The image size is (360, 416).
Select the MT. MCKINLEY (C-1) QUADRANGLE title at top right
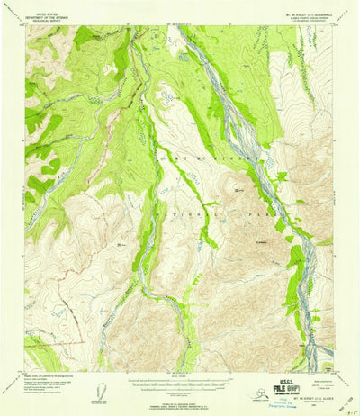[x=307, y=13]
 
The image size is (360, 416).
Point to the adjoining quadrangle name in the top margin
[x=179, y=23]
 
